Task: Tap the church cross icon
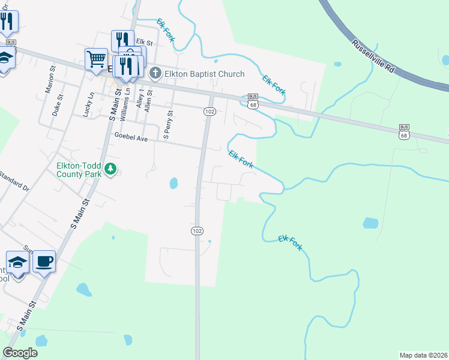pyautogui.click(x=155, y=74)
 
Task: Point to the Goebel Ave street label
pyautogui.click(x=131, y=138)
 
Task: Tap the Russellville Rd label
pyautogui.click(x=373, y=56)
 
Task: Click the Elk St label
pyautogui.click(x=145, y=42)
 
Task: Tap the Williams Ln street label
pyautogui.click(x=125, y=103)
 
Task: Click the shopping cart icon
pyautogui.click(x=96, y=59)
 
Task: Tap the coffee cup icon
pyautogui.click(x=44, y=262)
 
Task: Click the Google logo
pyautogui.click(x=20, y=352)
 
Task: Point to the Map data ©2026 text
pyautogui.click(x=423, y=355)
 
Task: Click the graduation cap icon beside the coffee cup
pyautogui.click(x=17, y=262)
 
